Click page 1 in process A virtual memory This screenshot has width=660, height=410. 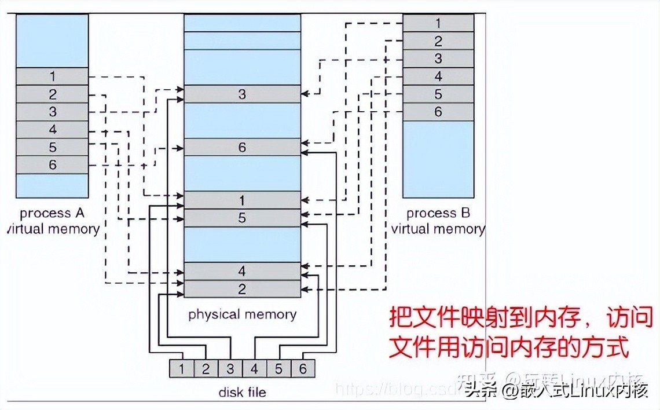click(x=52, y=76)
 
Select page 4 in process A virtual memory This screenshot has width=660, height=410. click(x=52, y=130)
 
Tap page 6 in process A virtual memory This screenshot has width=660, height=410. click(x=52, y=165)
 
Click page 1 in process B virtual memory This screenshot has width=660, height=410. click(x=438, y=23)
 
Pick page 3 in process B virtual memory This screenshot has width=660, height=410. click(x=438, y=58)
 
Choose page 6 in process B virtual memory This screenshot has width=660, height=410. click(x=438, y=112)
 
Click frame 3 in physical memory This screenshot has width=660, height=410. click(x=242, y=94)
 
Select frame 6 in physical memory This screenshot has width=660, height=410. click(x=242, y=148)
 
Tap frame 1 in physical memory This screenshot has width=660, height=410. click(x=242, y=200)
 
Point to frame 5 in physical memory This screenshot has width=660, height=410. click(x=242, y=218)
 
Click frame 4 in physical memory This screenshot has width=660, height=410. click(x=242, y=271)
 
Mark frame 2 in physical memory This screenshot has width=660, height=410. click(x=242, y=289)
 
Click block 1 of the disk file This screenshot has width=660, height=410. click(x=182, y=368)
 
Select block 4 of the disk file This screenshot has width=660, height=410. click(x=254, y=368)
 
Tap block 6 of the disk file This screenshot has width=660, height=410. click(x=303, y=368)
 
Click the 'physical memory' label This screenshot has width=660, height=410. click(x=242, y=314)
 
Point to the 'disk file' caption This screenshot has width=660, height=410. click(x=242, y=392)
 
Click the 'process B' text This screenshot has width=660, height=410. click(x=438, y=213)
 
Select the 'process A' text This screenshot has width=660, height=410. click(x=52, y=213)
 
